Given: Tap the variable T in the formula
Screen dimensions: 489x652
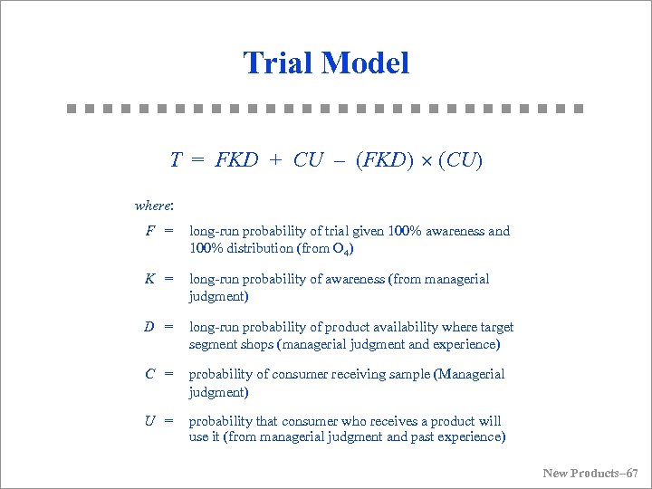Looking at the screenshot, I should click(x=176, y=160).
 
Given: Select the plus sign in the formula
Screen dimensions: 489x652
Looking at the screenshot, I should click(x=275, y=160).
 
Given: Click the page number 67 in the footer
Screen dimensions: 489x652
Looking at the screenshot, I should click(x=631, y=473).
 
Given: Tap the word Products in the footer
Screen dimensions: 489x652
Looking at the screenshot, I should click(x=594, y=473).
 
